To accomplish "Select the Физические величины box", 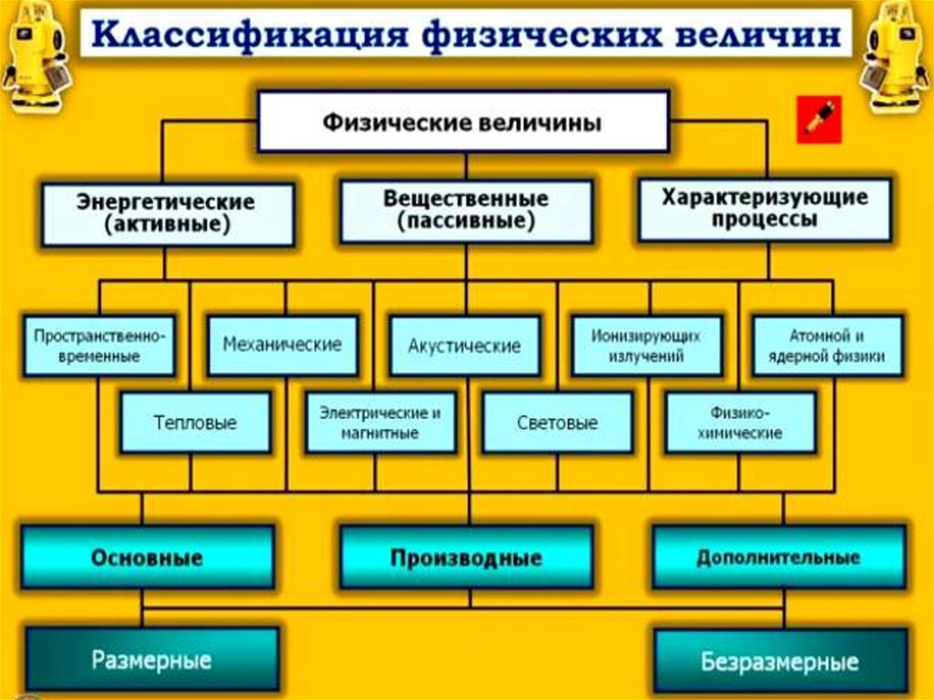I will point(462,120).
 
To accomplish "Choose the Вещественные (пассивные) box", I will point(466,211).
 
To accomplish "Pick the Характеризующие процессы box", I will point(764,209).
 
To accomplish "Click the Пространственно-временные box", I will point(99,346).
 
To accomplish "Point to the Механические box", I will point(283,345).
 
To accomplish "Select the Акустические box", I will point(465,346).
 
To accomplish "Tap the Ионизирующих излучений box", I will point(648,346).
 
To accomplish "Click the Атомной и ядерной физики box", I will point(828,346).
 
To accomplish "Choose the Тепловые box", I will point(195,423).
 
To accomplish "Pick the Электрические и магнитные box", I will point(380,423).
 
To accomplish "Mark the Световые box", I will point(557,423).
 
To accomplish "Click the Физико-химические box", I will point(740,423).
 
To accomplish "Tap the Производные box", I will point(466,557).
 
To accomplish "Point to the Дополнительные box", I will point(779,557).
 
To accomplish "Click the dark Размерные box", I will point(151,659).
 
